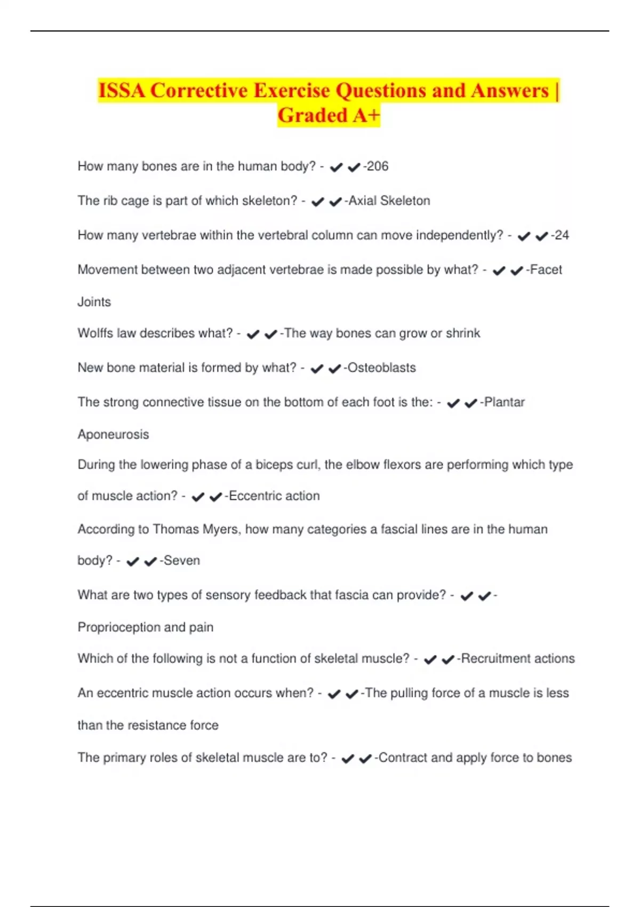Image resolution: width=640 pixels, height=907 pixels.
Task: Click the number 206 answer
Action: [x=378, y=166]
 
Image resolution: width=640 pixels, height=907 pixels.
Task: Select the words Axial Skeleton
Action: [x=389, y=201]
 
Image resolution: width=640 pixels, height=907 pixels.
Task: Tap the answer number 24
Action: [x=562, y=235]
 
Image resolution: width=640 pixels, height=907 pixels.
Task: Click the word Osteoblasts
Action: [x=381, y=368]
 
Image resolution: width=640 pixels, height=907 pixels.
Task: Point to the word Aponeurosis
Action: [x=113, y=434]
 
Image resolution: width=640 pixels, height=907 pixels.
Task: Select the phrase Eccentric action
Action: [x=274, y=496]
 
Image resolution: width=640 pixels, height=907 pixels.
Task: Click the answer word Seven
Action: [x=182, y=560]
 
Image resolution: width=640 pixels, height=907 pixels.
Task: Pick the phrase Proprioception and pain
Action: [x=146, y=627]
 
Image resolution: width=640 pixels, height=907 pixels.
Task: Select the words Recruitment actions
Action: [x=518, y=658]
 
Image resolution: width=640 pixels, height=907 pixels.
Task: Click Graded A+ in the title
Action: [x=329, y=115]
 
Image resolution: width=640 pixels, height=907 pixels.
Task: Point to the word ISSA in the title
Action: [x=122, y=91]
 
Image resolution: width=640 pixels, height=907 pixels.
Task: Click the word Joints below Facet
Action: [x=94, y=302]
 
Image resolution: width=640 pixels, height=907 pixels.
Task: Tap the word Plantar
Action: [x=504, y=402]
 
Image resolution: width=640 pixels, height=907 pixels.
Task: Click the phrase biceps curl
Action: [x=286, y=465]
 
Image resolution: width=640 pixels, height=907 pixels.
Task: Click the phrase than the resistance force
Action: [x=148, y=725]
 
